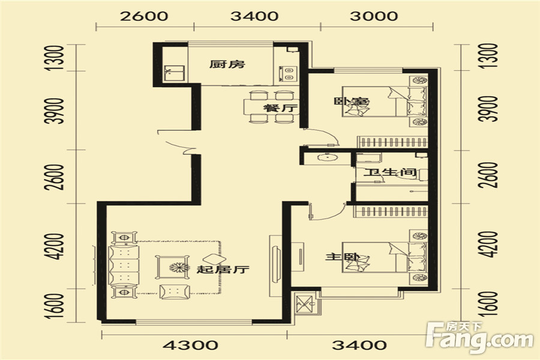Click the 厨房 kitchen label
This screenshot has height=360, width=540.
click(x=227, y=64)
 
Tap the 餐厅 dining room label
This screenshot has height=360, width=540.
click(x=280, y=108)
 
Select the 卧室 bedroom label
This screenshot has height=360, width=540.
click(x=351, y=101)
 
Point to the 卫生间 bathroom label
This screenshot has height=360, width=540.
click(x=390, y=172)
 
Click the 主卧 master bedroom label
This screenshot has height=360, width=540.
click(x=343, y=257)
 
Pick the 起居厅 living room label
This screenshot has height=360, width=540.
click(x=223, y=269)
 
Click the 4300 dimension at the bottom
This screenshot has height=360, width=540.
click(x=190, y=345)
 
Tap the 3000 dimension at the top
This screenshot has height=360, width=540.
click(x=374, y=16)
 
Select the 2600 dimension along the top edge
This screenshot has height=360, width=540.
click(x=144, y=16)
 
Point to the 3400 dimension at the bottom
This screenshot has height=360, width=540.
click(x=359, y=345)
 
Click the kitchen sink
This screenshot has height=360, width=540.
click(x=174, y=73)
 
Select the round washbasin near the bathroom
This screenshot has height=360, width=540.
click(x=326, y=157)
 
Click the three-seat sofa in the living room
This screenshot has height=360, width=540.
click(x=123, y=265)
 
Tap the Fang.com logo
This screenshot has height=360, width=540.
click(x=479, y=338)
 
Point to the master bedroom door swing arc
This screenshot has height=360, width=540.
click(x=331, y=215)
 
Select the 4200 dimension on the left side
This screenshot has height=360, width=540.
click(x=56, y=246)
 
